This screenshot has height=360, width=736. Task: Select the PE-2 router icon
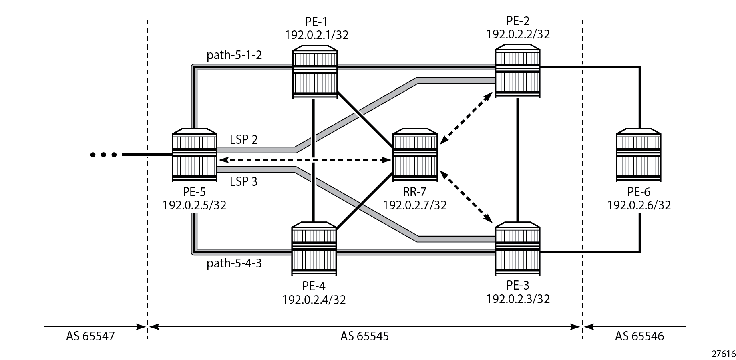click(x=517, y=71)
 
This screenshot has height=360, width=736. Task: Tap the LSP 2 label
click(x=243, y=140)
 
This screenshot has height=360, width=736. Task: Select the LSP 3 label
click(x=243, y=182)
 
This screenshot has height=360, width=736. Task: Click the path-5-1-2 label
click(x=234, y=55)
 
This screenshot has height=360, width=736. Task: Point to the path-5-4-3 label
click(x=234, y=263)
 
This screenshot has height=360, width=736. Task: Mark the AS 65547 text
click(x=90, y=336)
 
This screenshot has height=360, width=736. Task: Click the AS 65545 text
click(x=364, y=336)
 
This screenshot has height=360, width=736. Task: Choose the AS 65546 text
click(x=639, y=336)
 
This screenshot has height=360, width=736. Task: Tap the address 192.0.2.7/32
click(x=415, y=205)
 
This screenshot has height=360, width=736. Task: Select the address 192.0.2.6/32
click(x=639, y=205)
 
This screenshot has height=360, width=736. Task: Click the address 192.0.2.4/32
click(x=314, y=300)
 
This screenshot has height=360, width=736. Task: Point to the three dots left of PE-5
click(x=103, y=155)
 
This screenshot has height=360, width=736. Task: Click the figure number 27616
click(x=724, y=354)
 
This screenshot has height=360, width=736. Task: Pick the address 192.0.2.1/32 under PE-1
click(x=317, y=35)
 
